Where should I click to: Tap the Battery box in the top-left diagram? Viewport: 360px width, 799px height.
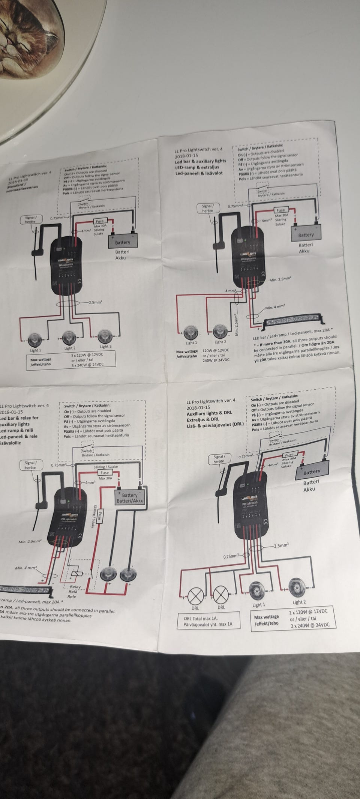point(123,242)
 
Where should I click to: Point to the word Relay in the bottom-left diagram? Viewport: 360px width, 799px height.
point(75,587)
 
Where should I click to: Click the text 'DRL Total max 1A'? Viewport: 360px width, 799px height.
point(201,618)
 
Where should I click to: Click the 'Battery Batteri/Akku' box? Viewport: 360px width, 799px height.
point(130,498)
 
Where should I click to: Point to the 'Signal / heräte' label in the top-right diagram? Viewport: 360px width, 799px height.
point(208,208)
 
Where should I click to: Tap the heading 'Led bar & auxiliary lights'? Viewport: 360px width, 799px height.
point(201,161)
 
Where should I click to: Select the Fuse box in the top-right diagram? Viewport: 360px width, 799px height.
point(280,210)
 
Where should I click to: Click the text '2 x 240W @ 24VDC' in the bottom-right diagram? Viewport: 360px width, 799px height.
point(310,625)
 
